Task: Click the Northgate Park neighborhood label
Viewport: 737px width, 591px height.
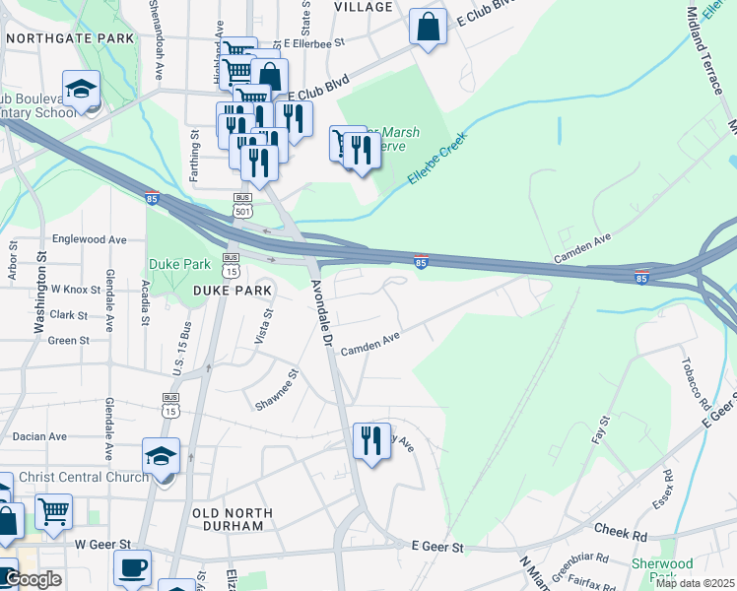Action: coord(69,37)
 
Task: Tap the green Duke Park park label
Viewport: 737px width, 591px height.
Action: coord(179,264)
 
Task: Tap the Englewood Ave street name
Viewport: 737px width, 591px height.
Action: coord(90,239)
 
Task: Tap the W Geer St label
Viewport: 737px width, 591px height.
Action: coord(102,544)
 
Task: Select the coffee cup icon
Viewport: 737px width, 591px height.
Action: coord(132,567)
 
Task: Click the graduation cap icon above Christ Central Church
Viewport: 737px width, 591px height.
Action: coord(161,455)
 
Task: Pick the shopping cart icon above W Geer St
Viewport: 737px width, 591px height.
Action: coord(53,510)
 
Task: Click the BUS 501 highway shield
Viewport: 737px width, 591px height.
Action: coord(242,204)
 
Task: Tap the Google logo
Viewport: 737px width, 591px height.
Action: coord(33,579)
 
